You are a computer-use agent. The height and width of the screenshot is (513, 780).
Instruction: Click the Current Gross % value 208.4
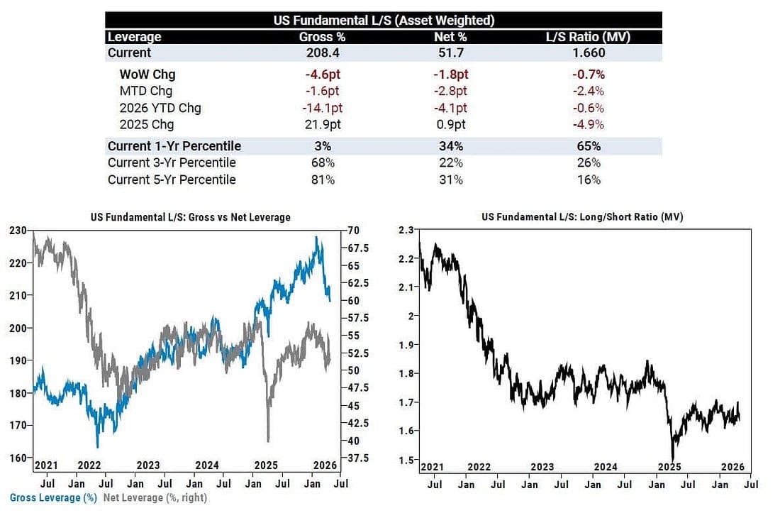coord(323,53)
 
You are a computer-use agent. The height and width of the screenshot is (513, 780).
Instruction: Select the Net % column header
coord(450,37)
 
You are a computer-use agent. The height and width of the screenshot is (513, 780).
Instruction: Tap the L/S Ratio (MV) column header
coord(588,37)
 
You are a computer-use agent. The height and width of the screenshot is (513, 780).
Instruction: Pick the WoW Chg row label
coord(147,75)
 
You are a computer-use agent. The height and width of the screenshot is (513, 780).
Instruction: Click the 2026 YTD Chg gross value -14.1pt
coord(323,108)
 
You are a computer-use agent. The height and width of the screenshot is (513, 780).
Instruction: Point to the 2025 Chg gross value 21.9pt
coord(323,124)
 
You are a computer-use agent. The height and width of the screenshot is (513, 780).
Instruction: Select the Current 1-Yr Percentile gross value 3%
coord(323,146)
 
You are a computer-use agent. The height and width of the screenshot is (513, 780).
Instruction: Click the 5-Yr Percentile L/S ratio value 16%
coord(589,180)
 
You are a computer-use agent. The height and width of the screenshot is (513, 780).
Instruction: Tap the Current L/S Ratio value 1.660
coord(589,53)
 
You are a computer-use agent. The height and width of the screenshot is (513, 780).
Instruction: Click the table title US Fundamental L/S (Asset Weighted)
coord(384,21)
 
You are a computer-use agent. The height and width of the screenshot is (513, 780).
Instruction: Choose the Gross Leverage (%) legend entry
coord(53,497)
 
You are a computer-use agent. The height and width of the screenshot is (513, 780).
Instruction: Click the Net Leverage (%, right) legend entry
coord(155,497)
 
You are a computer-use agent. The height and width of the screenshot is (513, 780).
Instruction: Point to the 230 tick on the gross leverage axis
coord(18,231)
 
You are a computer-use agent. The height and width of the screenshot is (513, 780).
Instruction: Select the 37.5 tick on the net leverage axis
coord(358,458)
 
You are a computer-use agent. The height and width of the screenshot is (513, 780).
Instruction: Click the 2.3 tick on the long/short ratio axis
coord(406,230)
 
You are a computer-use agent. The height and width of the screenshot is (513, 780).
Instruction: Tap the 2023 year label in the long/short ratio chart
coord(542,467)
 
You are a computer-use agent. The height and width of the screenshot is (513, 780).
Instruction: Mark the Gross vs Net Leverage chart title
coord(191,217)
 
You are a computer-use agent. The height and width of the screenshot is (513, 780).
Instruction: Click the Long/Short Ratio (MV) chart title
coord(582,217)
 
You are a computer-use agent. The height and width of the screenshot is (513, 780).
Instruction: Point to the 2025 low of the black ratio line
coord(673,460)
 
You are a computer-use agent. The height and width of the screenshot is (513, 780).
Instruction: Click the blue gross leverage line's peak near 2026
coord(316,238)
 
